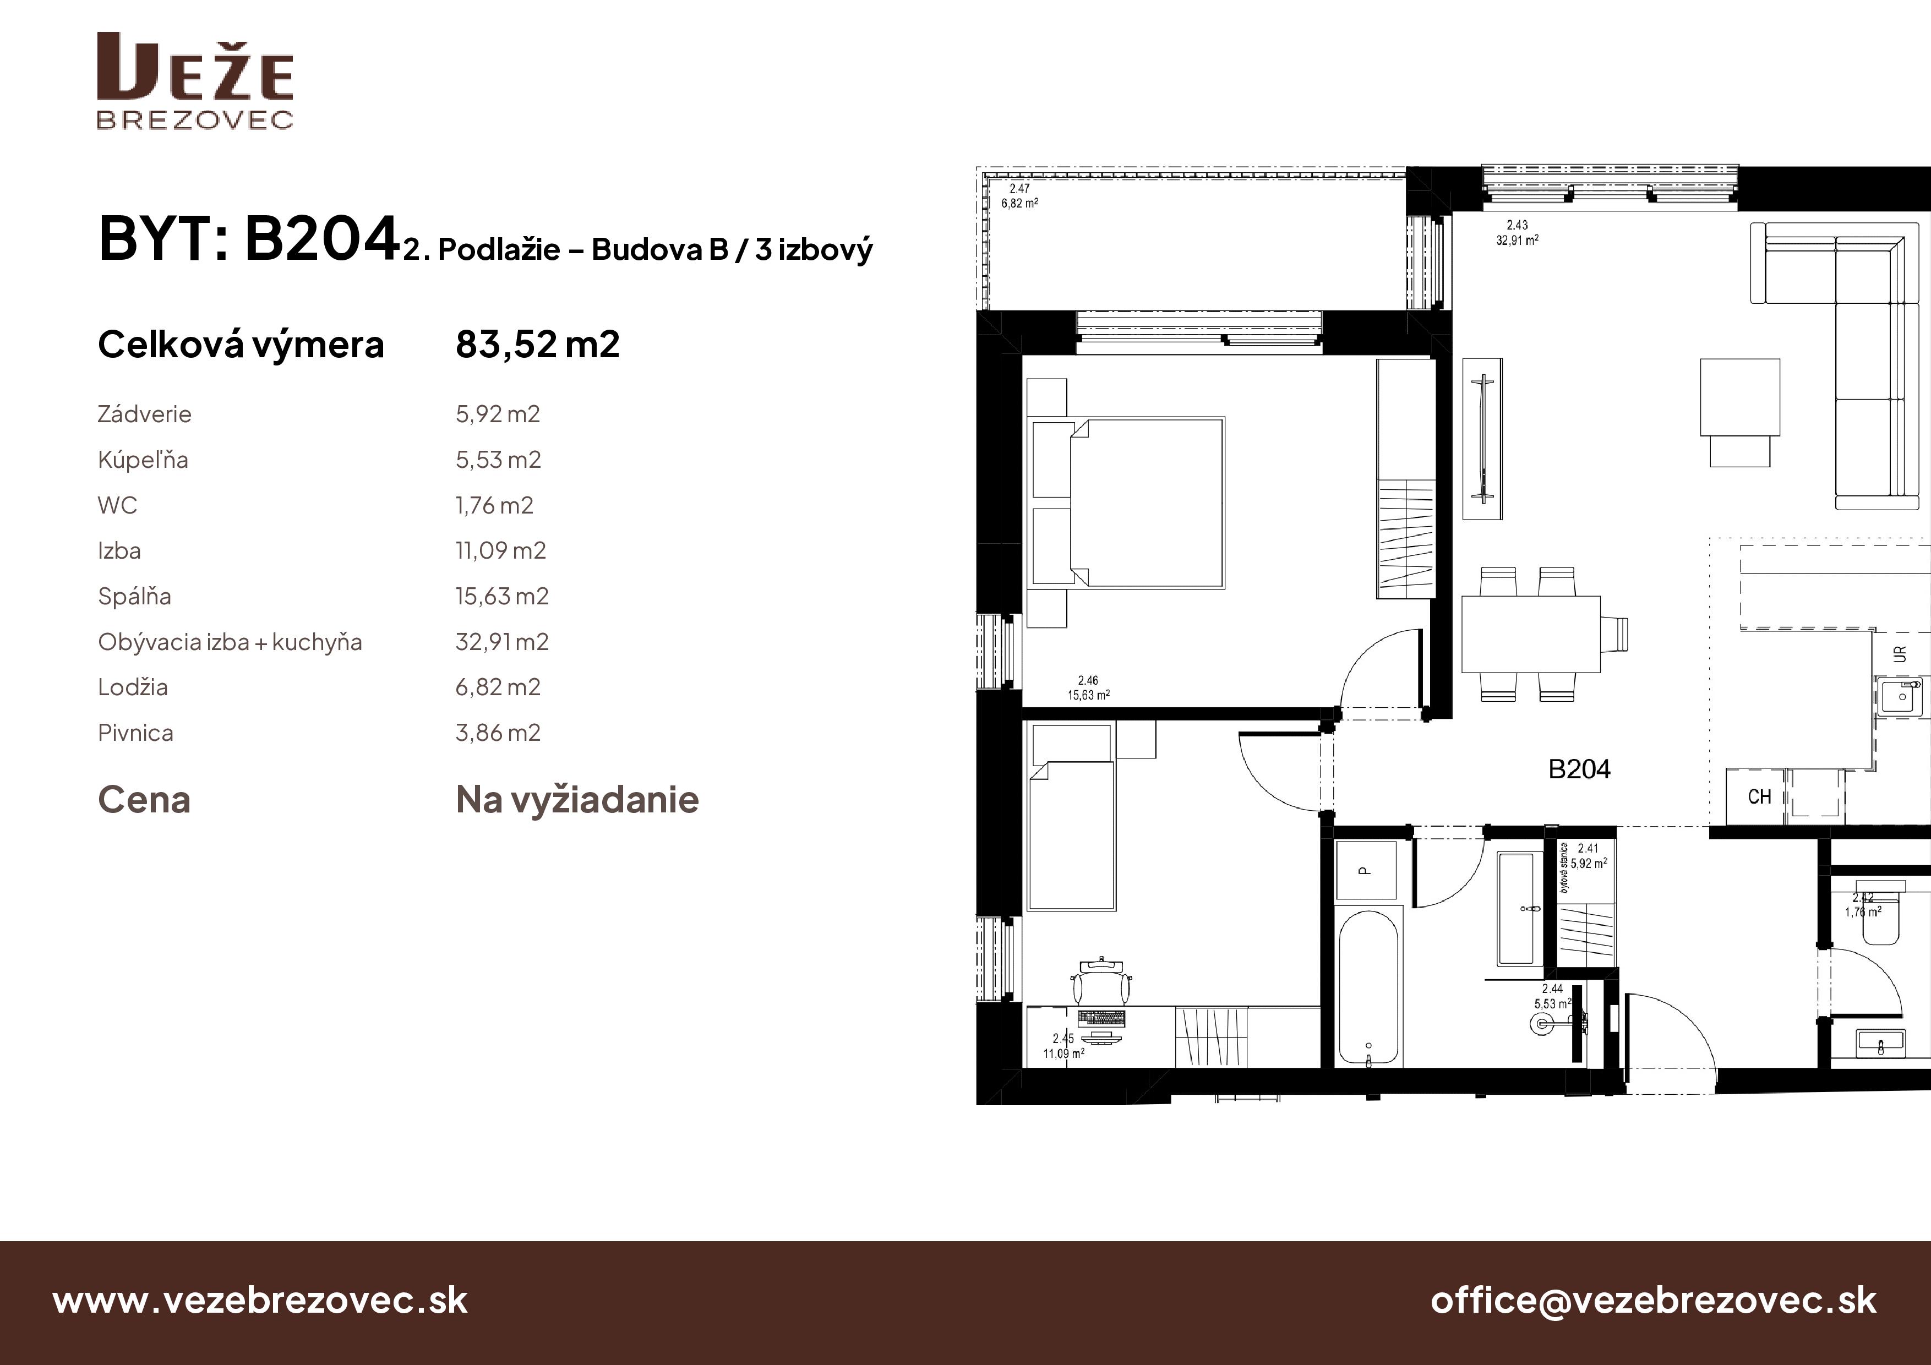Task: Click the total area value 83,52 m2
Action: point(537,344)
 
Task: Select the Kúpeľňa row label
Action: point(143,460)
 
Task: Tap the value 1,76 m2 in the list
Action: point(494,505)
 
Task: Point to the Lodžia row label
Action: point(133,687)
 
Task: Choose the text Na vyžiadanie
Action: point(577,800)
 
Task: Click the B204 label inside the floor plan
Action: point(1579,769)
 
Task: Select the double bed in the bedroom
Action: point(1127,502)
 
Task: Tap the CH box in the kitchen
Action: point(1759,796)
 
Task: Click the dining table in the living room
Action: point(1531,634)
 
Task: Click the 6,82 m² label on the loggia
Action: point(1019,204)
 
